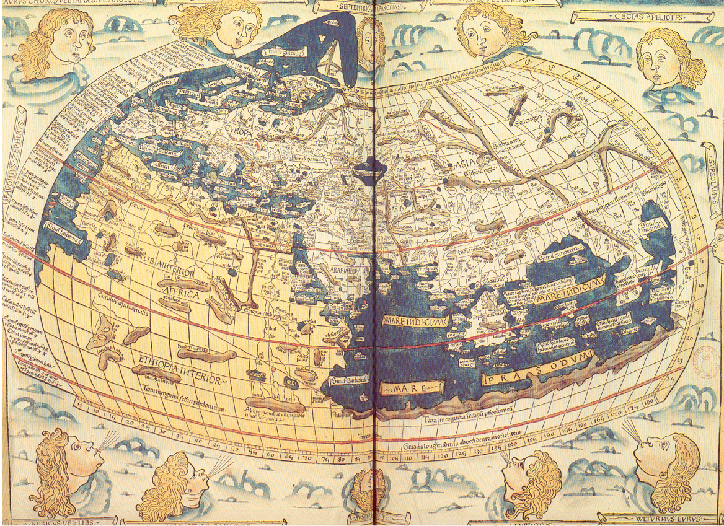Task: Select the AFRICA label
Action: [180, 294]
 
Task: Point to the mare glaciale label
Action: [276, 63]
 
